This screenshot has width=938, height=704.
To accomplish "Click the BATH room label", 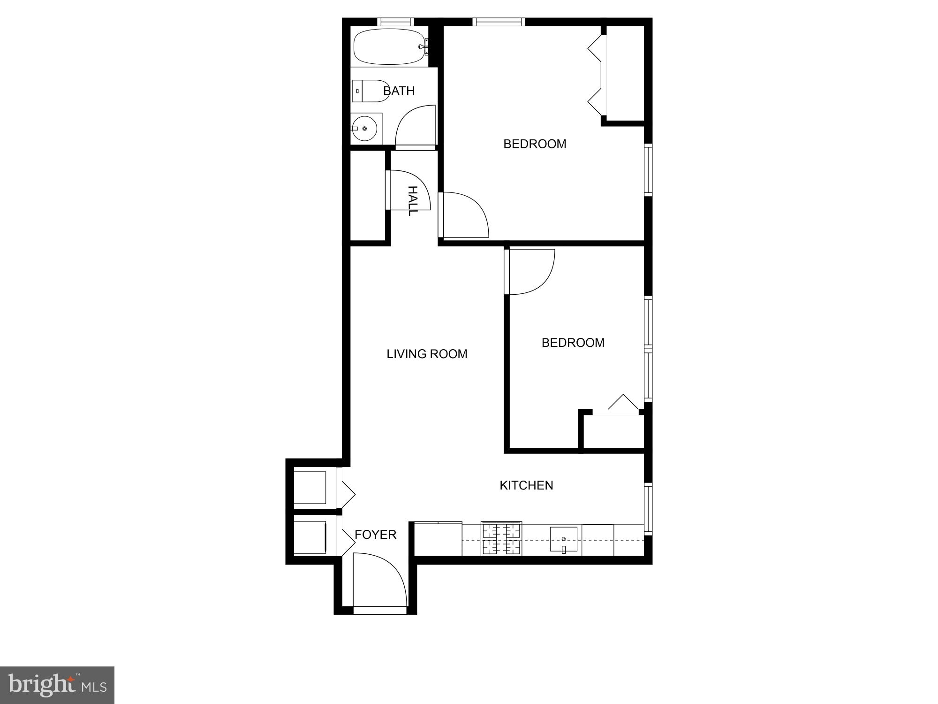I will point(399,91).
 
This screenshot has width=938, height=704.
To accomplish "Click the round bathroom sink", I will point(364,128).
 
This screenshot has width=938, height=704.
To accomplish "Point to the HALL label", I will point(412,201).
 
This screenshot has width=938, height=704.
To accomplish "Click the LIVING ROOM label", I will point(427,354).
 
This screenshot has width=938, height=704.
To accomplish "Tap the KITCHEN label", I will point(526,485).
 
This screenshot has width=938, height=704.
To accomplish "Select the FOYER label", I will point(375,535).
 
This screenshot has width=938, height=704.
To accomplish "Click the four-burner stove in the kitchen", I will point(501,539).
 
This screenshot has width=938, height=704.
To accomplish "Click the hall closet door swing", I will point(408,190).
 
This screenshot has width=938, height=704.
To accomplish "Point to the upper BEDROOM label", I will point(535,144).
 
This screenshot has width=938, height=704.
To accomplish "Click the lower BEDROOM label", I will point(573,343).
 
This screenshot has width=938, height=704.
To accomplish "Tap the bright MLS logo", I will point(57,685).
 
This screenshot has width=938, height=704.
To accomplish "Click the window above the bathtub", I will point(396,22).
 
